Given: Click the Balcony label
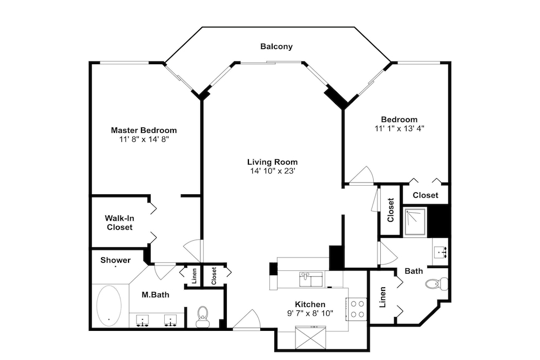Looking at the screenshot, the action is click(276, 46).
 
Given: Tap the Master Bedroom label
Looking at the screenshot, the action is click(144, 131).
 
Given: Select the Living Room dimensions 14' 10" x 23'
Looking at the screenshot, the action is click(272, 171).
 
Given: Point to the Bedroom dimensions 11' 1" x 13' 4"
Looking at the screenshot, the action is click(399, 128).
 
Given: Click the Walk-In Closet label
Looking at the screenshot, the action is click(119, 223).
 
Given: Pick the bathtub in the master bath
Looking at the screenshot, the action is click(109, 305).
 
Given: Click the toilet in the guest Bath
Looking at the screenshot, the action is click(437, 283).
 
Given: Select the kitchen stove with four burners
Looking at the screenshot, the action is click(357, 309).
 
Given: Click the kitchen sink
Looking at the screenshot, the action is click(310, 279).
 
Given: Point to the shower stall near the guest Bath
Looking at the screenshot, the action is click(415, 222).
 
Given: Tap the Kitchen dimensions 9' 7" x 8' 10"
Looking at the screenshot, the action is click(310, 313).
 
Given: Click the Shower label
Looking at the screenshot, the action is click(116, 260).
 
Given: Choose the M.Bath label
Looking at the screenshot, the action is click(156, 295).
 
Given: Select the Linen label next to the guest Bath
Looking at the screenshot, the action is click(382, 297).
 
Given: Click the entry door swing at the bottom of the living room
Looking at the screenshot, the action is click(247, 320).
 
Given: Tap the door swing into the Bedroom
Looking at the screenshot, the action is click(361, 175).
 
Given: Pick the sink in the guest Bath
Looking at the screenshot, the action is click(441, 252).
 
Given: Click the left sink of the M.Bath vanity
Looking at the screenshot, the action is click(142, 320).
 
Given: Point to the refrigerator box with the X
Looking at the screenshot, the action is click(310, 338).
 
